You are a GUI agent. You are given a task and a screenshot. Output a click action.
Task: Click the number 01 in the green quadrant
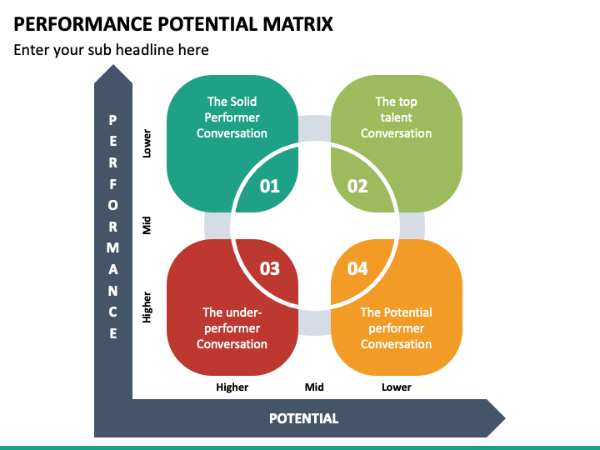(x=270, y=187)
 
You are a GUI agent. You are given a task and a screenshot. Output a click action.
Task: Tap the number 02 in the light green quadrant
(x=357, y=187)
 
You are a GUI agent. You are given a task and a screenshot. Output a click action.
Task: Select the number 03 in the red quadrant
(x=270, y=268)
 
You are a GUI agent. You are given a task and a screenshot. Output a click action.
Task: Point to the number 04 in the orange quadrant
(x=357, y=268)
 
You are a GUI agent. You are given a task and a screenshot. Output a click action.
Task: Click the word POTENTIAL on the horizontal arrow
(x=304, y=418)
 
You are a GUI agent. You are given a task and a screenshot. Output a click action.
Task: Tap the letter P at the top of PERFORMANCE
(x=112, y=120)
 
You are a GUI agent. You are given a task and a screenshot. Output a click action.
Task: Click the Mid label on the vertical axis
(x=147, y=225)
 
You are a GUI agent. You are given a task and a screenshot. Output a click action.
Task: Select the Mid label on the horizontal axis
(x=314, y=387)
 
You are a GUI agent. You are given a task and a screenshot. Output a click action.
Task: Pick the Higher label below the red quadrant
(x=232, y=387)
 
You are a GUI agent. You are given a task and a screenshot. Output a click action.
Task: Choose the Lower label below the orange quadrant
(x=397, y=387)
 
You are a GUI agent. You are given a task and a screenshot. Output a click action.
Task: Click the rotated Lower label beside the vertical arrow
(x=147, y=143)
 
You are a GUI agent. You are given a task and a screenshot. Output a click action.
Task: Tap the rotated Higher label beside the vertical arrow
(x=147, y=307)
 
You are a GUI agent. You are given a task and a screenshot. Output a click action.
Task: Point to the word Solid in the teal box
(x=243, y=102)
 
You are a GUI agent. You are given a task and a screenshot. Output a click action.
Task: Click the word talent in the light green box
(x=396, y=117)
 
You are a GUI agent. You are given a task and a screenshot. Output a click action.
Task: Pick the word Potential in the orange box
(x=407, y=312)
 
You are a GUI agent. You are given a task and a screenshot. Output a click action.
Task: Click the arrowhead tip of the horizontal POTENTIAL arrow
(x=505, y=418)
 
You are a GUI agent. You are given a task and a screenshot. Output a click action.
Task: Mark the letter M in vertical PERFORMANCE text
(x=112, y=248)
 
